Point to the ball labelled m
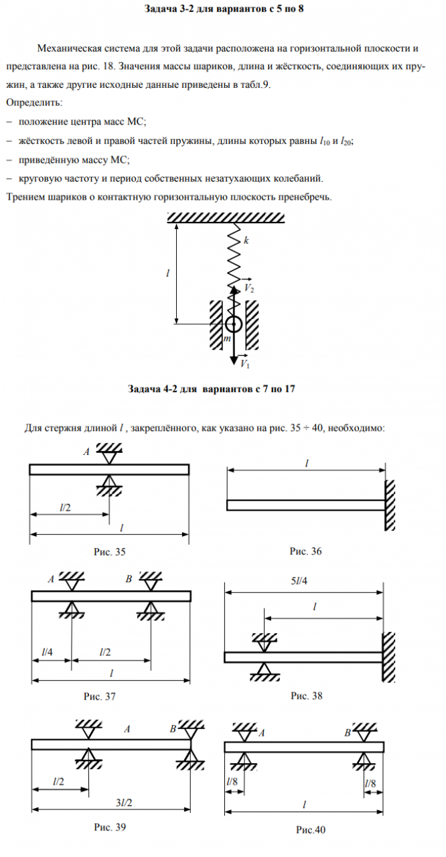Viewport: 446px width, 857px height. coord(233,325)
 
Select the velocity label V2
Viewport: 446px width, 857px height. coord(248,287)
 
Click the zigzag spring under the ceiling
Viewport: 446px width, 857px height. coord(233,258)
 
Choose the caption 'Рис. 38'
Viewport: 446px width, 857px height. coord(307,696)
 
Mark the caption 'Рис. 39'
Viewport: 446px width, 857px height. coord(110,827)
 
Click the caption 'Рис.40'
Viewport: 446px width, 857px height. coord(311,830)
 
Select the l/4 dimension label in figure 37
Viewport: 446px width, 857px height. coord(47,651)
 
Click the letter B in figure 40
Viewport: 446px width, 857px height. coord(348,732)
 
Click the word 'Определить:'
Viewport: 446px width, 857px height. coord(34,104)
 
